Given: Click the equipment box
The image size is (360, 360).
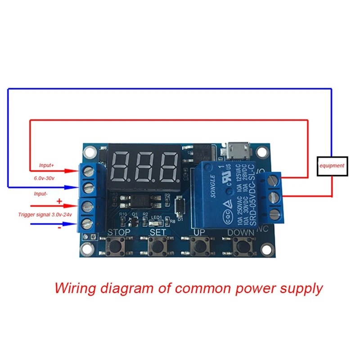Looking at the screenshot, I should [332, 166].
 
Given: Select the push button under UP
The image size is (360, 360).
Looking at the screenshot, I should [199, 247].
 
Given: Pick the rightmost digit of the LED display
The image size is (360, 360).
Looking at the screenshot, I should [170, 166].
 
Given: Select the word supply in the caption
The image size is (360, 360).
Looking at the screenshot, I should [300, 288].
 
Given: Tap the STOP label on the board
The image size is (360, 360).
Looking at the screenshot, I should [118, 233].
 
